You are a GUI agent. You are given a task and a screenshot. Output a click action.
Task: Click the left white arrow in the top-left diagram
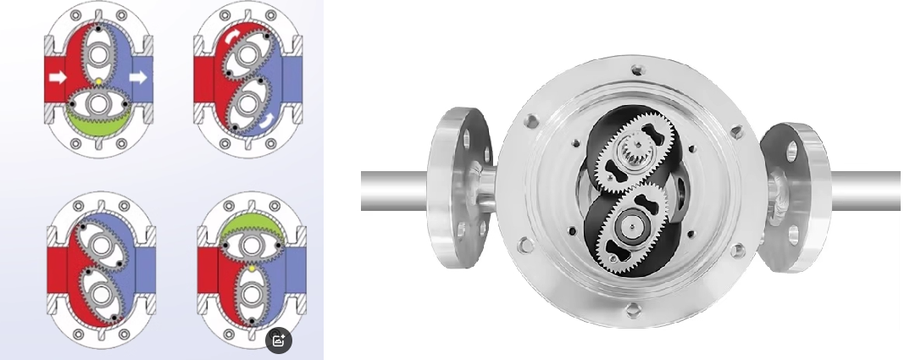click(x=57, y=78)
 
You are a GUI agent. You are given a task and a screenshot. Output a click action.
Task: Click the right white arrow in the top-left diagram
click(x=138, y=78)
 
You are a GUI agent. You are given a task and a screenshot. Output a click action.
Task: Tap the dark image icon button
click(x=279, y=341)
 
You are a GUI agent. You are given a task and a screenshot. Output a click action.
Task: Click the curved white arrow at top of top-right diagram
click(x=232, y=38)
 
